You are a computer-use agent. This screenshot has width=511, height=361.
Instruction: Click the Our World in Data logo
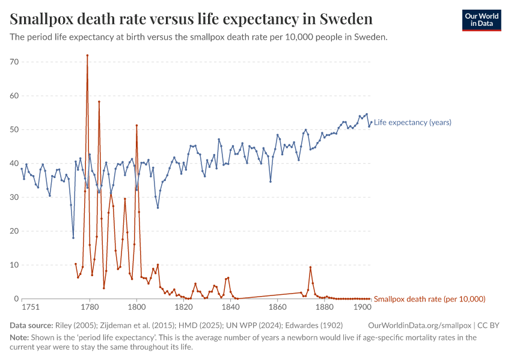[482, 20]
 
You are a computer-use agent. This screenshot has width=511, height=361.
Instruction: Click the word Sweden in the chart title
[346, 19]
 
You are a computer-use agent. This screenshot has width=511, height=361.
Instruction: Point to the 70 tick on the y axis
[14, 62]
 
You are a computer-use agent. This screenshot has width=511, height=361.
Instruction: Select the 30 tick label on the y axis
[14, 197]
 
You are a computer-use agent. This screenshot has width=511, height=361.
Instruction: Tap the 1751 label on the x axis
[31, 307]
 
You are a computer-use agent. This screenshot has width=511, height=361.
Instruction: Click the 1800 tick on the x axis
[137, 307]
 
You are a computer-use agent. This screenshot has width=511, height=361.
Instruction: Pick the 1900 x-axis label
[362, 307]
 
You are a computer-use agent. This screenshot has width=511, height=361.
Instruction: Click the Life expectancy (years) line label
[412, 122]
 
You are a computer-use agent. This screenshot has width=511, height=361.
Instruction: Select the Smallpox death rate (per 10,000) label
[429, 299]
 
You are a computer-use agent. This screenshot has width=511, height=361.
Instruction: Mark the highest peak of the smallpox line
[87, 55]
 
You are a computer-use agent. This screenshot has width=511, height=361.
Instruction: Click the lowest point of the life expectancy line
[73, 238]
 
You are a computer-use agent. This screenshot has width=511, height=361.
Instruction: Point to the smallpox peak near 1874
[310, 267]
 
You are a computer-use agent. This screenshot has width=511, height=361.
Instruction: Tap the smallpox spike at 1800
[136, 125]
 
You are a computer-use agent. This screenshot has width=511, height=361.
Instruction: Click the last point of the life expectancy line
[371, 122]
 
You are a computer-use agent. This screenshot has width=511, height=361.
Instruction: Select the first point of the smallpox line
[76, 264]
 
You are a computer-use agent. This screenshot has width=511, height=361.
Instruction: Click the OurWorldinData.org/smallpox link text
[420, 326]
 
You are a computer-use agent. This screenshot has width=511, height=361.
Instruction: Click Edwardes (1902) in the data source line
[314, 326]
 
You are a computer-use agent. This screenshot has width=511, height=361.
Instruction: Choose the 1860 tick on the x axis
[278, 307]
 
